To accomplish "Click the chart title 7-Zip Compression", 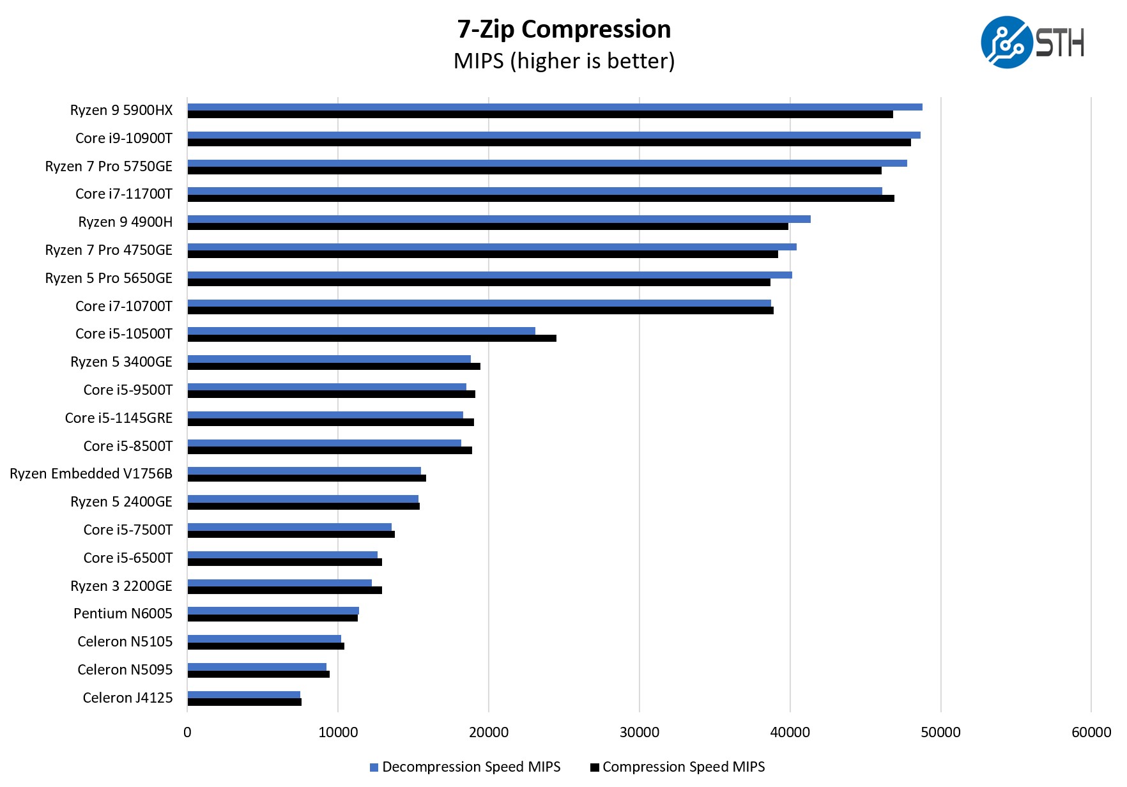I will [563, 29].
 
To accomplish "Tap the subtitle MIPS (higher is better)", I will [563, 61].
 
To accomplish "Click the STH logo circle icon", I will [1006, 42].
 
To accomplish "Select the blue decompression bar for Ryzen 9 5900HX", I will [555, 107].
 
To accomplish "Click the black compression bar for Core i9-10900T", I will [549, 142].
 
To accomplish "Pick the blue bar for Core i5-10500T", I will [361, 331].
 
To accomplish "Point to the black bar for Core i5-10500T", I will [372, 338].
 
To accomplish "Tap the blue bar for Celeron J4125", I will [243, 694].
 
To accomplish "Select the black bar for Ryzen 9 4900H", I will [487, 226].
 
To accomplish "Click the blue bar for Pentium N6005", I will [273, 611].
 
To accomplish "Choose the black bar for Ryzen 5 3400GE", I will [333, 366].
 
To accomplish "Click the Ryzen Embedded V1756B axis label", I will [91, 473].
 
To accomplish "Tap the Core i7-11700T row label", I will [124, 194].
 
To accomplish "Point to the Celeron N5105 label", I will [125, 641].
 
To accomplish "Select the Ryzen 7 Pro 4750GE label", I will [109, 250].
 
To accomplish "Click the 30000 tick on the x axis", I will [639, 732].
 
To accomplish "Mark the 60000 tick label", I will [1091, 732].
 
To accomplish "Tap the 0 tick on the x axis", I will [187, 732].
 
